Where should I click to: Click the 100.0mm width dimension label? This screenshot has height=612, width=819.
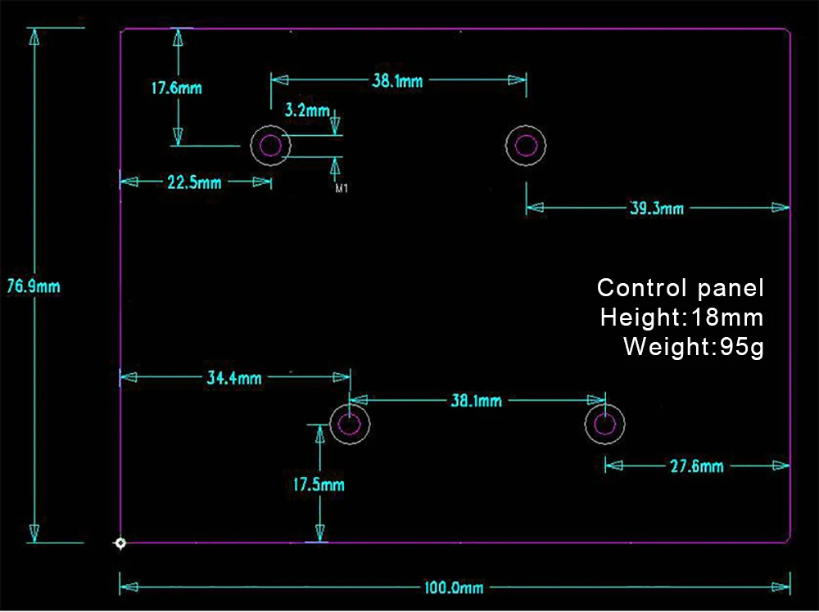tap(454, 588)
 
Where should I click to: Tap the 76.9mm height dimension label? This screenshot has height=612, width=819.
tap(34, 286)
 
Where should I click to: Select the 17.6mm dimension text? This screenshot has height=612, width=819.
tap(177, 88)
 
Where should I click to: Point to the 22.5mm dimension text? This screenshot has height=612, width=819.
tap(194, 182)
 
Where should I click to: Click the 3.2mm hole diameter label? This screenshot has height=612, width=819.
tap(307, 110)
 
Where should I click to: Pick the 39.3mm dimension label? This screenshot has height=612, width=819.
tap(657, 209)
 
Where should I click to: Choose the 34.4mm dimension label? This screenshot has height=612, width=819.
tap(234, 378)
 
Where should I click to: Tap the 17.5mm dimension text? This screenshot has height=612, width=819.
tap(319, 484)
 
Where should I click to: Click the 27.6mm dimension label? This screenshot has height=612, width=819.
tap(697, 466)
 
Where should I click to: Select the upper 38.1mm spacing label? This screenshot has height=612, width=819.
tap(397, 81)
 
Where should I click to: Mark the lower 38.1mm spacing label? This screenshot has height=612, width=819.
tap(477, 401)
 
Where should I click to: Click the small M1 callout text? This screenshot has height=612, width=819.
tap(342, 188)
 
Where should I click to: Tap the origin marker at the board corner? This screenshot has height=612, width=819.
tap(120, 543)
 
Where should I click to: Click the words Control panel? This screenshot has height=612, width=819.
tap(681, 288)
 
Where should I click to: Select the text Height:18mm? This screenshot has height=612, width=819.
tap(681, 317)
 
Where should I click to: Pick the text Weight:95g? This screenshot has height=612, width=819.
tap(694, 347)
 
